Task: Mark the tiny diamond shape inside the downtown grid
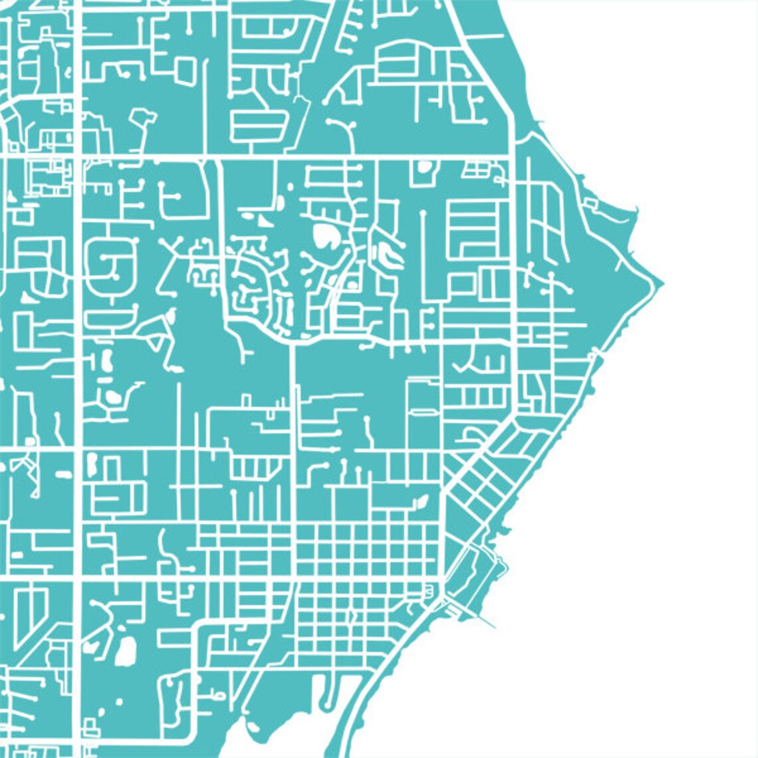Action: coord(352,618)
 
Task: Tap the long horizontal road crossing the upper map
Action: coord(266,158)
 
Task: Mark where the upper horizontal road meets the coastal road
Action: coord(515,158)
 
